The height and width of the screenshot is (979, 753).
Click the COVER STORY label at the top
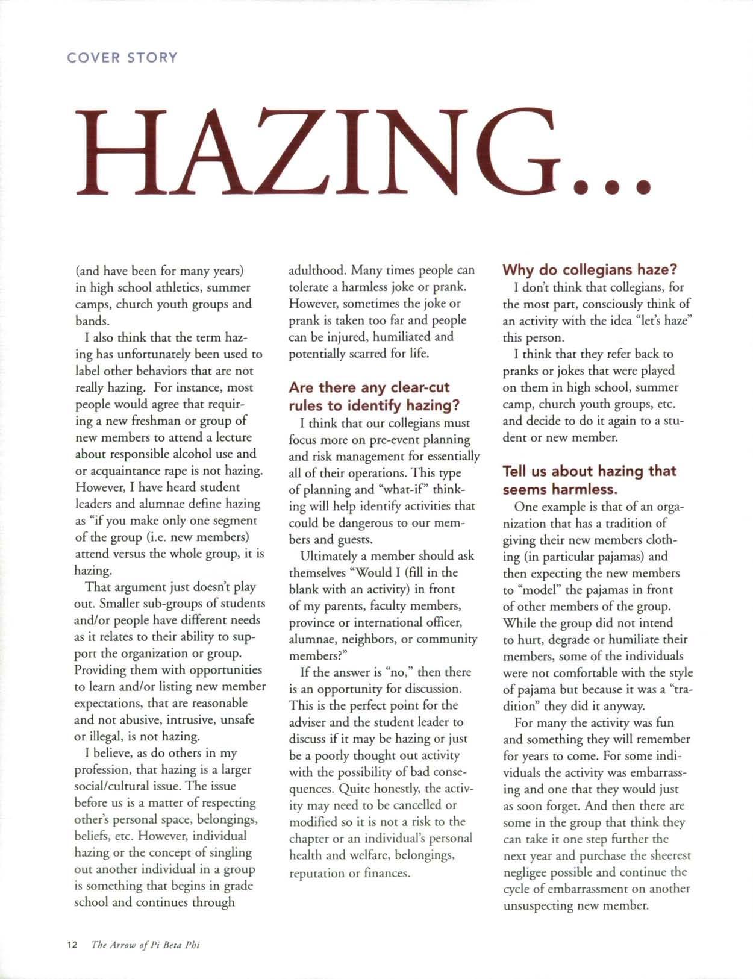click(122, 58)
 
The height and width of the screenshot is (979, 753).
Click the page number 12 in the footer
click(72, 945)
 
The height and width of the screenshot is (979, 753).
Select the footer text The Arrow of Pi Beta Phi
click(145, 945)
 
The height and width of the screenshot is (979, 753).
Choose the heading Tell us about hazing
click(589, 479)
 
